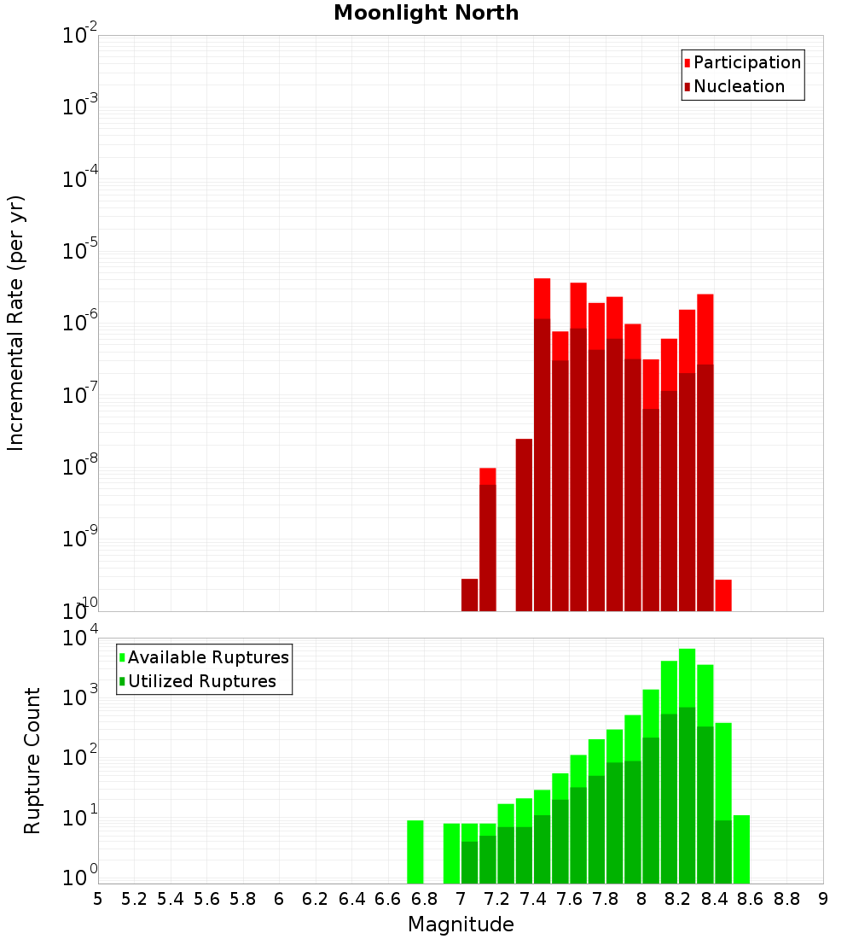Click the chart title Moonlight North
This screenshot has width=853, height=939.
pyautogui.click(x=426, y=13)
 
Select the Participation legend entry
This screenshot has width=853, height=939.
pyautogui.click(x=746, y=62)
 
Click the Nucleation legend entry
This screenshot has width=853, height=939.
pyautogui.click(x=738, y=86)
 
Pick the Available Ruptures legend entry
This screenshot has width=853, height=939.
pyautogui.click(x=207, y=657)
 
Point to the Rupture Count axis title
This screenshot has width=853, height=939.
pyautogui.click(x=32, y=761)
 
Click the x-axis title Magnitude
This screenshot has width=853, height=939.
pyautogui.click(x=461, y=924)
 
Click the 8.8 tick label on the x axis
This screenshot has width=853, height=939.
pyautogui.click(x=786, y=899)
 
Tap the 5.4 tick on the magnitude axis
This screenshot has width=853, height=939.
pyautogui.click(x=171, y=899)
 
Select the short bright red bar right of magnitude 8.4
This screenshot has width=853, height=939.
pyautogui.click(x=723, y=595)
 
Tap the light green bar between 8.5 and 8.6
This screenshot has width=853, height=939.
pyautogui.click(x=741, y=849)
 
